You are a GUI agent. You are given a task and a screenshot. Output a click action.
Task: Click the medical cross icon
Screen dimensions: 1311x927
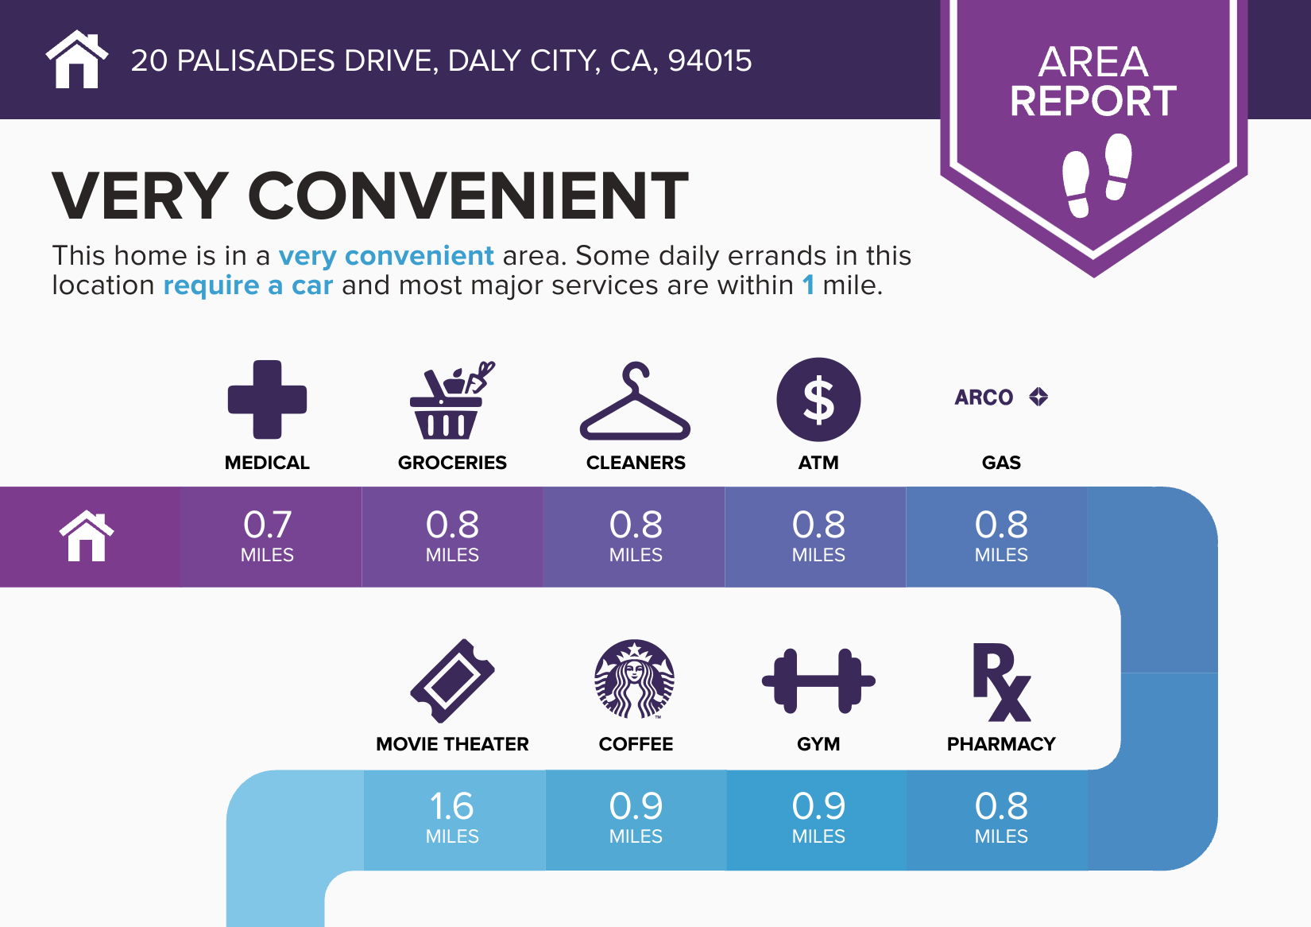coord(267,399)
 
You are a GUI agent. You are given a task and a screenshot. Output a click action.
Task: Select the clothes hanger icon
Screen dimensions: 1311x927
coord(635,401)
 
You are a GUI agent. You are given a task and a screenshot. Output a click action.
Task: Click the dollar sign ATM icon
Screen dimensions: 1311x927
coord(818,399)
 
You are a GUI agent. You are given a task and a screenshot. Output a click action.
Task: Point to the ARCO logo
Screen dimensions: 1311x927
coord(1001,397)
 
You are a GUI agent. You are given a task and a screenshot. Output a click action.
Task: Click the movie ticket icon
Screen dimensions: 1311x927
coord(452,681)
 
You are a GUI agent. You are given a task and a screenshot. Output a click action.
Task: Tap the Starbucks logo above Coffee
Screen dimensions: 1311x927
coord(634,679)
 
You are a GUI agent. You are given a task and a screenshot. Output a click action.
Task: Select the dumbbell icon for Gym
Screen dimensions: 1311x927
coord(818,681)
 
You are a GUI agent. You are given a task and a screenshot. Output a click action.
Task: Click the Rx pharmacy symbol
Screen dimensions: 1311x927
coord(1001,681)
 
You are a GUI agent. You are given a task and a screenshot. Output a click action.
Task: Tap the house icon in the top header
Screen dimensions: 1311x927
coord(76,59)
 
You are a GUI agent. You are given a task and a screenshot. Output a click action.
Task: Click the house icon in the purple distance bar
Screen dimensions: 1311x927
coord(87,536)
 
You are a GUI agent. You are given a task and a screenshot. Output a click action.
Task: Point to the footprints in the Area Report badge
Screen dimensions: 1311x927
coord(1096,175)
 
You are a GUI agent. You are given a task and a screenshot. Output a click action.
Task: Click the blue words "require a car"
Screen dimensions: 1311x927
coord(248,285)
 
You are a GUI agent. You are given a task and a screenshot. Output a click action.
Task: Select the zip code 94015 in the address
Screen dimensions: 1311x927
coord(710,60)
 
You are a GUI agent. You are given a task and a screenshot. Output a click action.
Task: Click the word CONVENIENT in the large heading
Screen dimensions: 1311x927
coord(468,196)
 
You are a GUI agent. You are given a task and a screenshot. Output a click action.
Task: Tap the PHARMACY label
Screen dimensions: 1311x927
coord(1001,743)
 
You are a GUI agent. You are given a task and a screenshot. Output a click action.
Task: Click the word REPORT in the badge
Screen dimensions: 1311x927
coord(1093,101)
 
